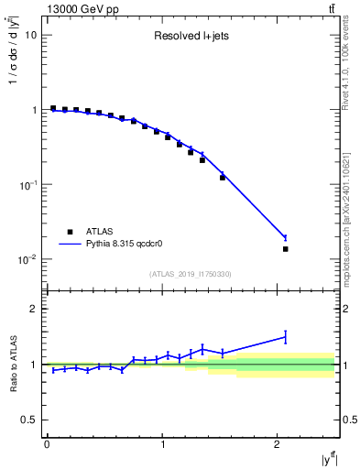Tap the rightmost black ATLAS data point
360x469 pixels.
coord(285,249)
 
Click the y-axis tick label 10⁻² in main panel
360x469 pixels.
coord(28,259)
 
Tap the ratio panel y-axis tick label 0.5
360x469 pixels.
coord(30,420)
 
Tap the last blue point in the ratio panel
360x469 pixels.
coord(285,337)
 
